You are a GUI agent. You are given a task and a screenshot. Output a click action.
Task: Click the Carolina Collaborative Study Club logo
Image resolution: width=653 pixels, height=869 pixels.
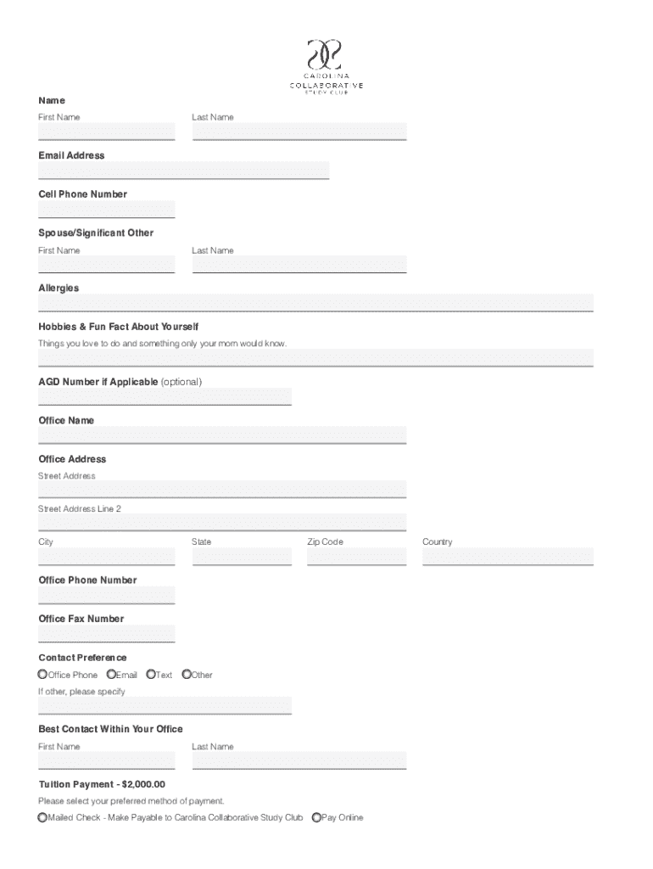pyautogui.click(x=326, y=65)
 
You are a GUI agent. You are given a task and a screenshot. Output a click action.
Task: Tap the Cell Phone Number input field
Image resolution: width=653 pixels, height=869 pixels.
pyautogui.click(x=106, y=210)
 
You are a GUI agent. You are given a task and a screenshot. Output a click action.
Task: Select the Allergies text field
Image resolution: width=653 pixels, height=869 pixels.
pyautogui.click(x=315, y=303)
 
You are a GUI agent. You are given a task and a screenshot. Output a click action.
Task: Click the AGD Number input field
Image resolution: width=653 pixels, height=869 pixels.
pyautogui.click(x=165, y=396)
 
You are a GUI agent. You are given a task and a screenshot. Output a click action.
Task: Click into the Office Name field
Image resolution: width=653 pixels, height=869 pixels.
pyautogui.click(x=222, y=435)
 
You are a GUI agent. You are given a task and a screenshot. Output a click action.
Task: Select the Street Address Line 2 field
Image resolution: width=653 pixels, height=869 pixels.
pyautogui.click(x=222, y=523)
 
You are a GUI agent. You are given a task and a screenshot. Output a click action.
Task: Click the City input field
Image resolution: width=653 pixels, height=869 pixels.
pyautogui.click(x=106, y=557)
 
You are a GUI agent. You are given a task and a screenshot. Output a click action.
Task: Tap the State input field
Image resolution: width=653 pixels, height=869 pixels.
pyautogui.click(x=242, y=557)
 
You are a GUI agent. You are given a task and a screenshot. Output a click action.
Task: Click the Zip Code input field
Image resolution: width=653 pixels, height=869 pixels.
pyautogui.click(x=357, y=557)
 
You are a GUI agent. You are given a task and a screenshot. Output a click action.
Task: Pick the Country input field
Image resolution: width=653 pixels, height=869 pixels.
pyautogui.click(x=508, y=557)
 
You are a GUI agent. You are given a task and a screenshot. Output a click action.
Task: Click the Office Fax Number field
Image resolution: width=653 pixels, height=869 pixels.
pyautogui.click(x=106, y=634)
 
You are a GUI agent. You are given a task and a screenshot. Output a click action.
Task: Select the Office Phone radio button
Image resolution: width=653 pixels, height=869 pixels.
pyautogui.click(x=42, y=675)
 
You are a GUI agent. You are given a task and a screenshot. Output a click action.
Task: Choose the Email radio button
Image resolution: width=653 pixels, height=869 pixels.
pyautogui.click(x=111, y=675)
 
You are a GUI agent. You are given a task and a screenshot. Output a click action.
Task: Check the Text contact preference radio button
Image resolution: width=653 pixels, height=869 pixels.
pyautogui.click(x=151, y=675)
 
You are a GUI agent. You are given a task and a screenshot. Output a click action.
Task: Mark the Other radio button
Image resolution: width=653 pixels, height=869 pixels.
pyautogui.click(x=187, y=675)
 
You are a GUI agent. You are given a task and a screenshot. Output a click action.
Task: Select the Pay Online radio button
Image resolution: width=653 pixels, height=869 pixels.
pyautogui.click(x=316, y=818)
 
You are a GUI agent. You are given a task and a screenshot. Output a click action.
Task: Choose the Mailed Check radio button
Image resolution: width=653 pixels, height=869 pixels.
pyautogui.click(x=42, y=818)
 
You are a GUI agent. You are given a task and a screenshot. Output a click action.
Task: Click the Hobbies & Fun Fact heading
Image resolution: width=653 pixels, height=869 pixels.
pyautogui.click(x=118, y=327)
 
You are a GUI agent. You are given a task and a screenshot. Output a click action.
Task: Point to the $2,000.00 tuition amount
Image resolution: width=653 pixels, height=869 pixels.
pyautogui.click(x=143, y=784)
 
